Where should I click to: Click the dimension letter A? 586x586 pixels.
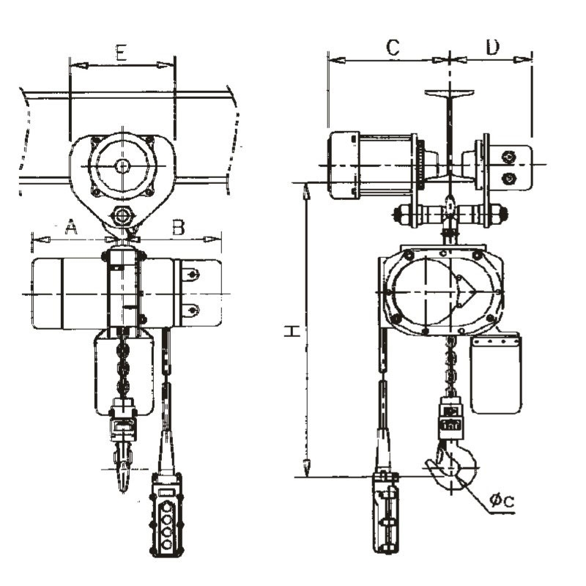tap(70, 227)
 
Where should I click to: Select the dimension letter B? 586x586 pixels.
tap(178, 227)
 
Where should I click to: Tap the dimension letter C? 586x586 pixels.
tap(393, 48)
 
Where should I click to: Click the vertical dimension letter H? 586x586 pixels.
tap(292, 332)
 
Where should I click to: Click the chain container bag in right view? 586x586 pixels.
tap(496, 374)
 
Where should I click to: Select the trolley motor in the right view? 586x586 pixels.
tap(370, 165)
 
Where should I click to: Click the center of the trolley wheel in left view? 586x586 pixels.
tap(122, 166)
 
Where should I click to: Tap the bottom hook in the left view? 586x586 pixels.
tap(122, 469)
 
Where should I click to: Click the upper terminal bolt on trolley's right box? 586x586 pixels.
tap(508, 156)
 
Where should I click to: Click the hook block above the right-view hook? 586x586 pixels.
tap(449, 418)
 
